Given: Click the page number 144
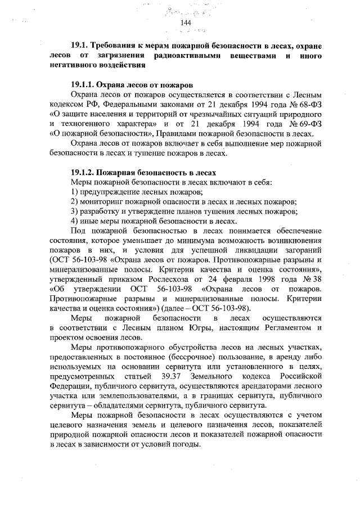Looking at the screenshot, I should tap(186, 22).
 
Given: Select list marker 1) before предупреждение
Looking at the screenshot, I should tap(75, 192).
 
